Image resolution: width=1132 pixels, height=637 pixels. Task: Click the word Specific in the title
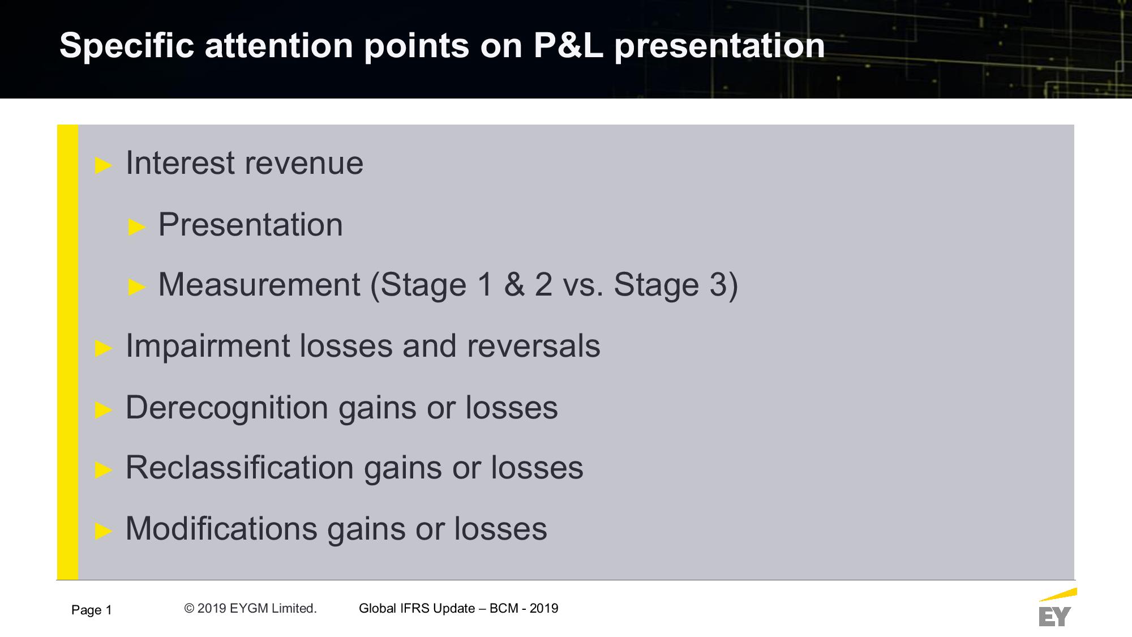coord(127,46)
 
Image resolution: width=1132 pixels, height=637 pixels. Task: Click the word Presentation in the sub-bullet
coord(250,224)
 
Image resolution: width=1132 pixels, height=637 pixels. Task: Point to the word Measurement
coord(259,284)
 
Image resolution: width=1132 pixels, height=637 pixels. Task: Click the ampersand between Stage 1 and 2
coord(514,284)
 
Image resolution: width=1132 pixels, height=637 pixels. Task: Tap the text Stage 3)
coord(676,285)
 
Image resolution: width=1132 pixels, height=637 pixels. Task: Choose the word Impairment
coord(208,346)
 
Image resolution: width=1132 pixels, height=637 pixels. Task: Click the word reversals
coord(533,346)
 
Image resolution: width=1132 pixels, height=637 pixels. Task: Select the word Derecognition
coord(227,408)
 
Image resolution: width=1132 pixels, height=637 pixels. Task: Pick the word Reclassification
coord(240,468)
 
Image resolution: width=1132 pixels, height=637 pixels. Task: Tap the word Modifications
coord(221,529)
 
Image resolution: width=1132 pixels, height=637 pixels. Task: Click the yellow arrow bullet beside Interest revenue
coord(104,165)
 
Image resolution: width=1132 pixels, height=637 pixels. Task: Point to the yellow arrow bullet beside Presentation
coord(137,227)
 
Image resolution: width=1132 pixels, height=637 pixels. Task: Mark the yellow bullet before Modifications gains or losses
coord(104,531)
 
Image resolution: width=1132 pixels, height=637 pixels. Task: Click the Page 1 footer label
coord(92,610)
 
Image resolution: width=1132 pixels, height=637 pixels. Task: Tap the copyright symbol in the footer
coord(189,609)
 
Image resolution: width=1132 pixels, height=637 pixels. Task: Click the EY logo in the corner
coord(1056,608)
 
